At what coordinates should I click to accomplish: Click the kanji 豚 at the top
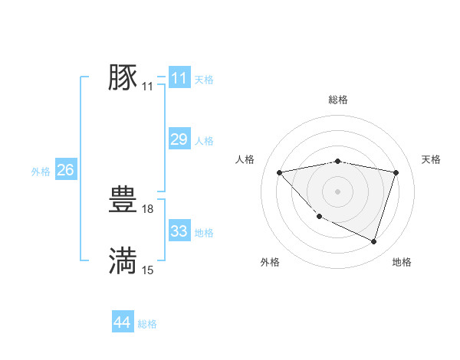coord(123,77)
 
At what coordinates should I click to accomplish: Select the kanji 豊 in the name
coord(123,200)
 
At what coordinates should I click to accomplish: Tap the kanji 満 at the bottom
coord(123,260)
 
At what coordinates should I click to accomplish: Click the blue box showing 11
coord(179,78)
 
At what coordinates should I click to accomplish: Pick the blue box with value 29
coord(179,139)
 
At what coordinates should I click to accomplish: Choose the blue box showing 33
coord(179,231)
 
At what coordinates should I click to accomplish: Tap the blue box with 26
coord(65,170)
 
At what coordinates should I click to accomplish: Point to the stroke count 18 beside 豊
coord(149,208)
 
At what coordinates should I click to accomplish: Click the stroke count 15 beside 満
coord(148,269)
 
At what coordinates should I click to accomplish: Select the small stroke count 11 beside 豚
coord(148,86)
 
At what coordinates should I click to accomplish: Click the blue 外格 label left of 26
coord(41,172)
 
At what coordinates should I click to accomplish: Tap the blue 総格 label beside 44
coord(147,324)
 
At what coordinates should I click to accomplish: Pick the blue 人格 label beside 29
coord(204,141)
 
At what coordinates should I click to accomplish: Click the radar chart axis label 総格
coord(337,100)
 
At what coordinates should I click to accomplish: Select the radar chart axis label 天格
coord(431,159)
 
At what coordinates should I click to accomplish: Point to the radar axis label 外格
coord(270,262)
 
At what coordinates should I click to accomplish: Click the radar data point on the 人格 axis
coord(279,172)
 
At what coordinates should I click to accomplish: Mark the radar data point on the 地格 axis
coord(373,241)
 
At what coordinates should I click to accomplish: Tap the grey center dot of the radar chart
coord(337,191)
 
